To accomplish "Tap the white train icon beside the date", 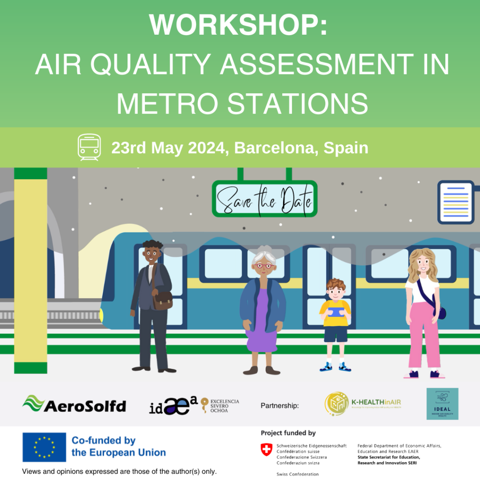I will pyautogui.click(x=89, y=147).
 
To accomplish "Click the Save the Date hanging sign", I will pyautogui.click(x=264, y=199).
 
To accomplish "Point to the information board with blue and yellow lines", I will pyautogui.click(x=456, y=202).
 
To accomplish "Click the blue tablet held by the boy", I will pyautogui.click(x=335, y=311).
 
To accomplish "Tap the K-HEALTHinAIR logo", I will pyautogui.click(x=363, y=403).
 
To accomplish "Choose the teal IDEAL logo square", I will pyautogui.click(x=442, y=404).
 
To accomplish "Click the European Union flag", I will pyautogui.click(x=44, y=447).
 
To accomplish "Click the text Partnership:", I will pyautogui.click(x=279, y=405).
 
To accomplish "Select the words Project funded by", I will pyautogui.click(x=288, y=433).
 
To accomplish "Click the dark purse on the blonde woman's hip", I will pyautogui.click(x=440, y=312).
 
